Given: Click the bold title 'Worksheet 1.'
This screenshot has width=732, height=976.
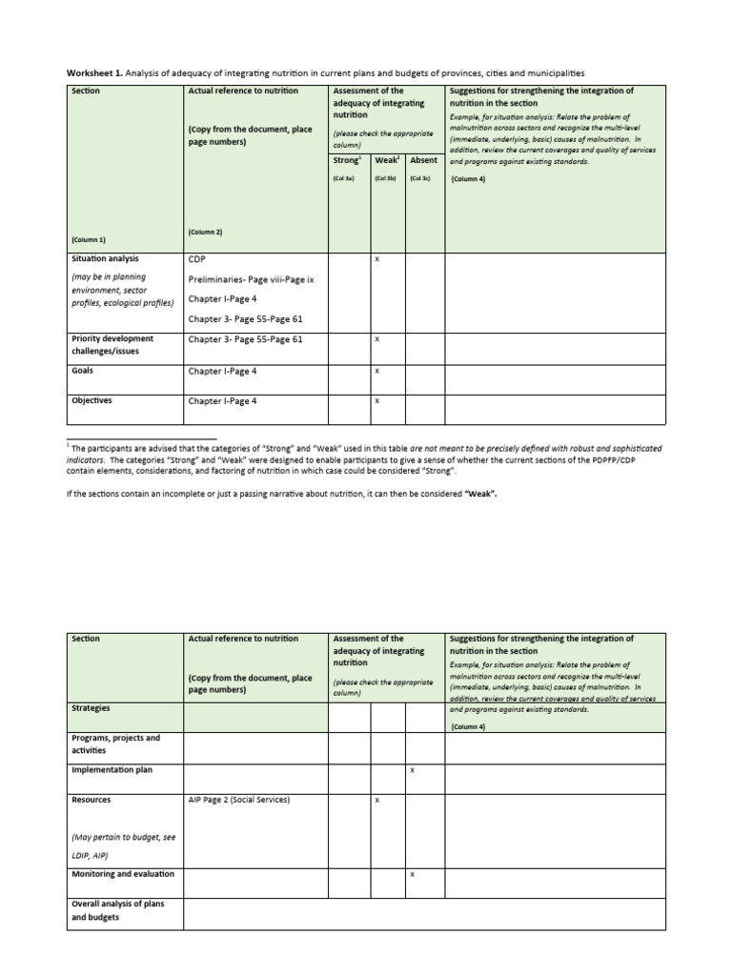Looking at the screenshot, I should (94, 73).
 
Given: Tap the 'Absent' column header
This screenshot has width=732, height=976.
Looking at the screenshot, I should (423, 160).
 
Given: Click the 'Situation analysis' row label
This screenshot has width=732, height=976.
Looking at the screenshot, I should (106, 258).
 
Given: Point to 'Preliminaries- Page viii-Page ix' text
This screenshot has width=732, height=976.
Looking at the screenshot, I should (256, 278).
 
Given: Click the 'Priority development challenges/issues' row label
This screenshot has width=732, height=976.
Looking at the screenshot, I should (112, 344).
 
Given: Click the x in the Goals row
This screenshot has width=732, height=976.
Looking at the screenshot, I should (377, 371).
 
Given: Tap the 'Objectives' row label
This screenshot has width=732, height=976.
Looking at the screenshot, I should (92, 400).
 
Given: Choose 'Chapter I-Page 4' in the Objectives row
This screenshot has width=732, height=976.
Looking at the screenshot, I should (223, 401).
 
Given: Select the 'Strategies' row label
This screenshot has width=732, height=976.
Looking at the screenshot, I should (91, 708).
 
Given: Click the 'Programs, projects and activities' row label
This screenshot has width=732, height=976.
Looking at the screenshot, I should (115, 743).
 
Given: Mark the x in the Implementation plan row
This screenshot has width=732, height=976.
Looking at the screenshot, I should (411, 769).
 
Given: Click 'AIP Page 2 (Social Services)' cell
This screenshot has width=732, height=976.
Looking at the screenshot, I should (239, 800).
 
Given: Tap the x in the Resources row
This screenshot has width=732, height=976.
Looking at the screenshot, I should (377, 800).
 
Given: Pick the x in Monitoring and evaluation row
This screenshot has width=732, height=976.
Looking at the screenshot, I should (411, 874).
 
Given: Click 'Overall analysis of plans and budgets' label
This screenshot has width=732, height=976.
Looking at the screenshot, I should (119, 909).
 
